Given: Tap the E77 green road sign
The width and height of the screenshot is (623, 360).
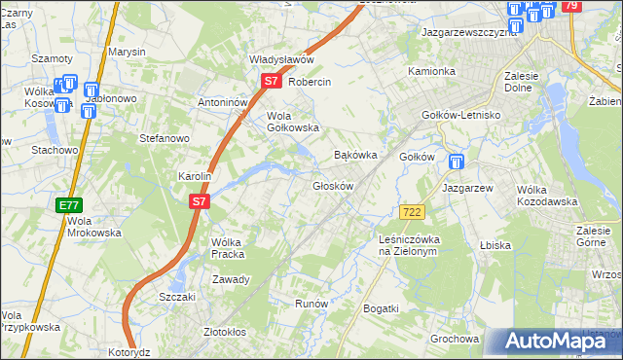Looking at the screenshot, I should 67,205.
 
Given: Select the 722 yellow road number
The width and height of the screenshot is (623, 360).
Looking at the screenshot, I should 410,211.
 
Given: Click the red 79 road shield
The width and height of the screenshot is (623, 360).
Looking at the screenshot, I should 571,7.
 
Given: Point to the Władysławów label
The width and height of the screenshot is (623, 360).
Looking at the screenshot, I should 281,59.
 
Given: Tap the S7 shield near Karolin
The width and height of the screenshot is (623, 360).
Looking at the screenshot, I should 198,201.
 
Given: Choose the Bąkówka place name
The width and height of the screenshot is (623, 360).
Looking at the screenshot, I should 354,155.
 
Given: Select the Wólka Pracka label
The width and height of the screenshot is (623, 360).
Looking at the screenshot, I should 226,248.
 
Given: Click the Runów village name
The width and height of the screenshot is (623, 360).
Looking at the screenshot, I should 311,304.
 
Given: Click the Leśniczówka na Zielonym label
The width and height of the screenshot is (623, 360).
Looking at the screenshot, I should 410,244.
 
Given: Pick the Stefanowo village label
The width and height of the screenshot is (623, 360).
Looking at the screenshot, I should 164,139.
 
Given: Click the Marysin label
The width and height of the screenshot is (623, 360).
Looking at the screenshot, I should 127,52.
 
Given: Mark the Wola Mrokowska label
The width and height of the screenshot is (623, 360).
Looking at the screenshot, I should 93,227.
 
